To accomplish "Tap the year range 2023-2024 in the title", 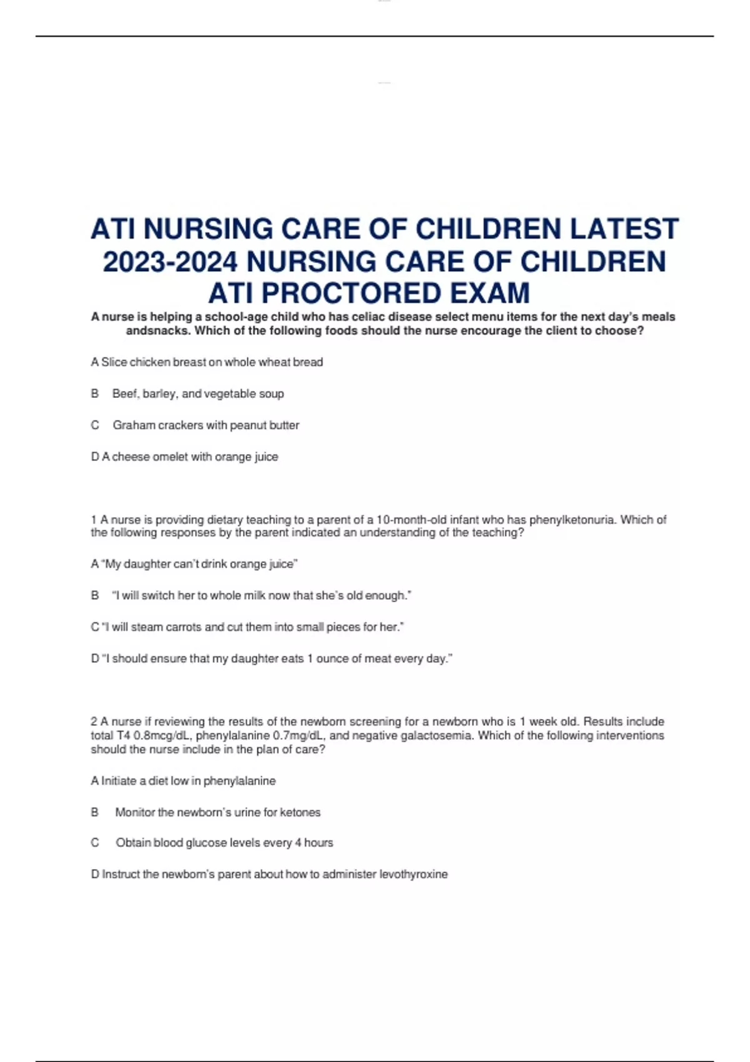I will click(170, 261).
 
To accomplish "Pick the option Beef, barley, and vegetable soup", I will click(197, 394).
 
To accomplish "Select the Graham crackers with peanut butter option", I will click(206, 425).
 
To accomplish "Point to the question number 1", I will click(94, 520).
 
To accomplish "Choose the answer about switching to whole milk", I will click(261, 596).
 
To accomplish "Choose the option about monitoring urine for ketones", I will click(217, 813).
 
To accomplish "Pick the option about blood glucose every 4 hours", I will click(224, 843).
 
